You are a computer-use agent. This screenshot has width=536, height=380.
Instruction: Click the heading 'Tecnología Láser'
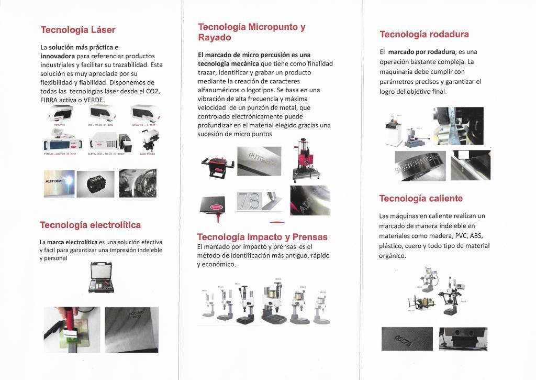click(x=78, y=29)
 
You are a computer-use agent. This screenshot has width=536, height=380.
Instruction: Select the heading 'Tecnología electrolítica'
click(x=90, y=225)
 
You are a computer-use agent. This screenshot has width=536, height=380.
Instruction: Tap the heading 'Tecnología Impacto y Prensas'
click(x=262, y=237)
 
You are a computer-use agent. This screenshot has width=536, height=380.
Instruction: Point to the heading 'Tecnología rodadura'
click(x=424, y=35)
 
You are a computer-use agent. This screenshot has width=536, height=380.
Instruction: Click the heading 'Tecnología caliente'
click(x=421, y=198)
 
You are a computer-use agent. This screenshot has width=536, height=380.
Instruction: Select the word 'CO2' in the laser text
click(x=153, y=91)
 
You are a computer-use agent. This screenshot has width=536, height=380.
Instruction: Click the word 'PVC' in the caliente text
click(x=446, y=236)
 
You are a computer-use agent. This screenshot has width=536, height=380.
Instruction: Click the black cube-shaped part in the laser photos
click(x=96, y=183)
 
